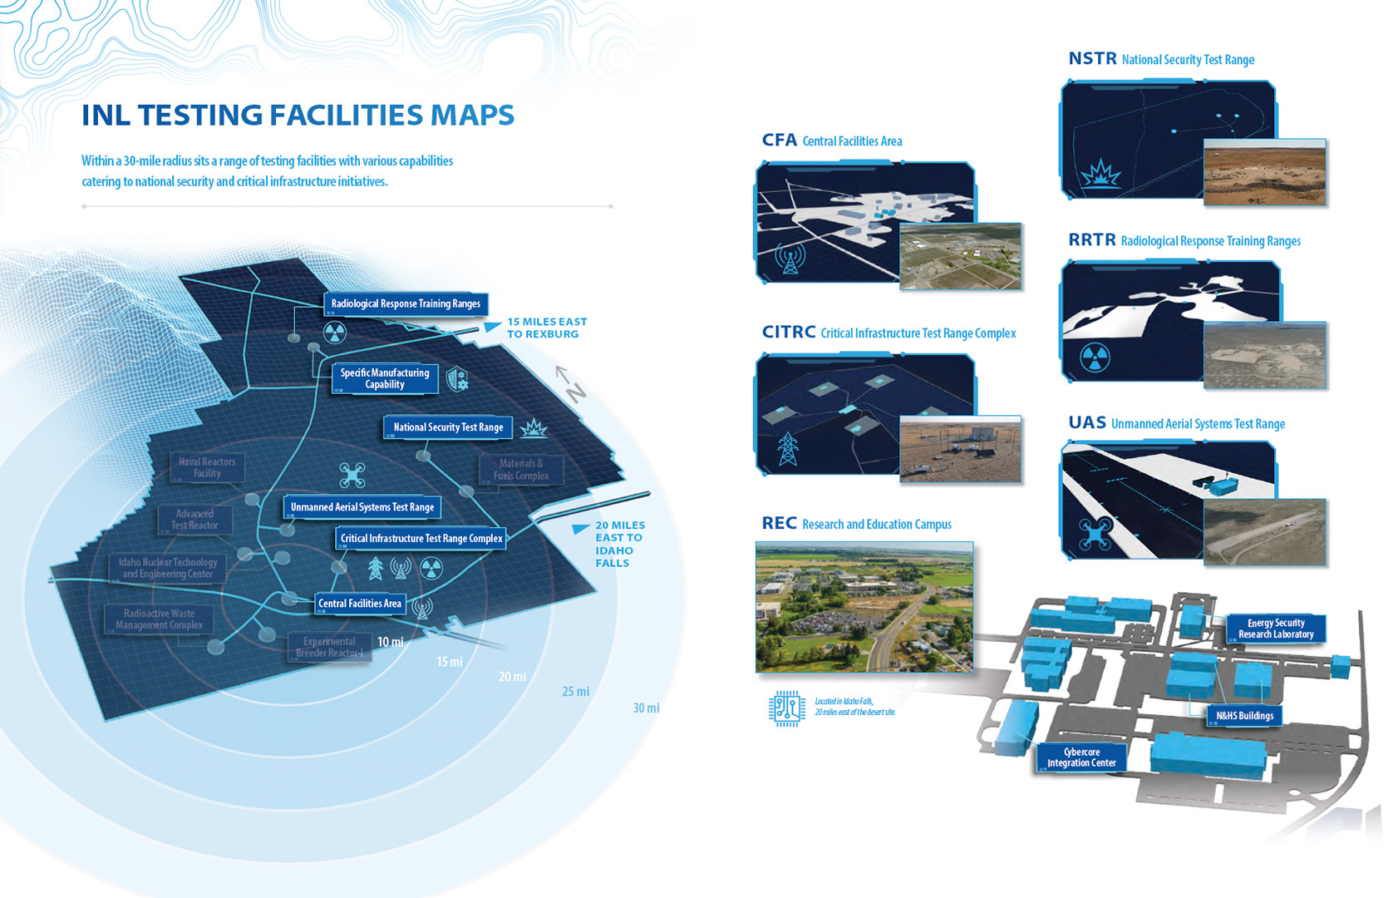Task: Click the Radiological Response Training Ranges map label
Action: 406,304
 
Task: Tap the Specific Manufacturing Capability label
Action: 385,379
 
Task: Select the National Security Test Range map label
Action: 448,427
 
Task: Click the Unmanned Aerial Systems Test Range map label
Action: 362,507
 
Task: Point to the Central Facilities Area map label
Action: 360,604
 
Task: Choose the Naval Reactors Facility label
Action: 207,468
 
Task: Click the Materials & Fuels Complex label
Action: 521,470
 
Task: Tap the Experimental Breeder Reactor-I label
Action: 329,647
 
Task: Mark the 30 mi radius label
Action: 646,708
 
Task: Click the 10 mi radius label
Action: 390,642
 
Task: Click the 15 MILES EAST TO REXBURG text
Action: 547,328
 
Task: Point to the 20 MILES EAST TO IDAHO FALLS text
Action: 620,544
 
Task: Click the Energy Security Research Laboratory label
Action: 1276,629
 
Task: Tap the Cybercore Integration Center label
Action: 1081,757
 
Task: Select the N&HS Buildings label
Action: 1244,716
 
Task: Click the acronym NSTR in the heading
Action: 1092,59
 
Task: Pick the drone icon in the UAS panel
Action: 1095,533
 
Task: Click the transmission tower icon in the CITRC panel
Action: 787,449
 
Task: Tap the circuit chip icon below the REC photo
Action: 786,708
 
